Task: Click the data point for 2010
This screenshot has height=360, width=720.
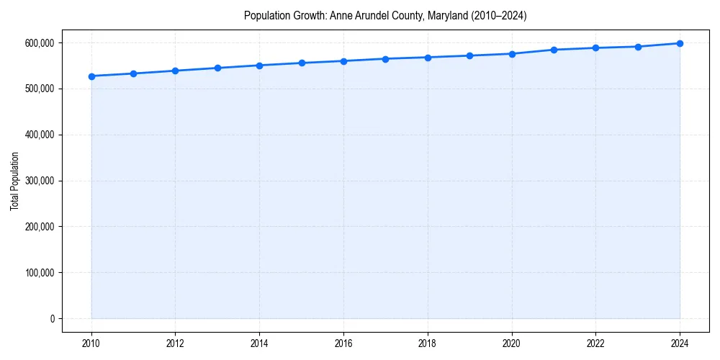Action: tap(91, 76)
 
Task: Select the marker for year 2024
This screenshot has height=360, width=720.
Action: tap(680, 43)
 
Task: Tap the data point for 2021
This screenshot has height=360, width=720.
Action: tap(554, 50)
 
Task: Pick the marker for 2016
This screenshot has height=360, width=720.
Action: tap(343, 61)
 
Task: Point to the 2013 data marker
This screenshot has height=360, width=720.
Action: tap(217, 68)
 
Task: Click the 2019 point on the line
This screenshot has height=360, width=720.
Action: tap(469, 55)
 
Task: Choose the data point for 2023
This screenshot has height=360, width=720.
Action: tap(638, 47)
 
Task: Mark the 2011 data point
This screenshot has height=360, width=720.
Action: tap(133, 73)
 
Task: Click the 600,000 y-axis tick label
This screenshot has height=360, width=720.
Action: tap(39, 43)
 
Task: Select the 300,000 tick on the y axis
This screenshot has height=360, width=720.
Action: tap(39, 181)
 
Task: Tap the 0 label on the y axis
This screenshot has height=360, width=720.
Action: tap(51, 319)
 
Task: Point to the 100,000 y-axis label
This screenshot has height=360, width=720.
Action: tap(39, 273)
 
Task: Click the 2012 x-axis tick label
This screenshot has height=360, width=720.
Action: tap(175, 343)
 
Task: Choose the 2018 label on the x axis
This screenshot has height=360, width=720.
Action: tap(428, 343)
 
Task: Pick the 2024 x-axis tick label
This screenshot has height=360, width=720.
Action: tap(680, 343)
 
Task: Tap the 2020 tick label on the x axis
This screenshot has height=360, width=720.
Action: tap(512, 343)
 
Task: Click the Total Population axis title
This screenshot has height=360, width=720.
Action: tap(14, 181)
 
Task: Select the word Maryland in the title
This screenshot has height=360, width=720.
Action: tap(448, 16)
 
